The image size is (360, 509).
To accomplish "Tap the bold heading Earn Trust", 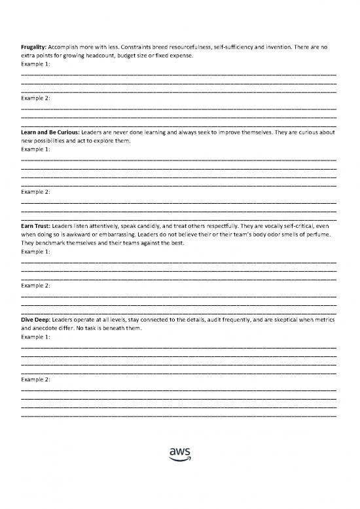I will [35, 226].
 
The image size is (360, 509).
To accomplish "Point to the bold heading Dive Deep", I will [35, 320].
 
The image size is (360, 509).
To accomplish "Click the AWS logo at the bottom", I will [179, 453].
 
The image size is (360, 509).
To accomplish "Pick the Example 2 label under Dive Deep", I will [36, 379].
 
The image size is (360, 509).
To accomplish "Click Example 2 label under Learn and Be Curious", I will [36, 192].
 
